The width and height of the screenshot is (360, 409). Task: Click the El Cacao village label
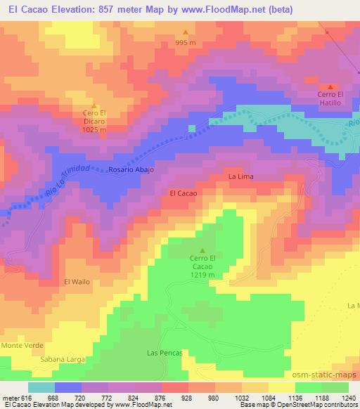pos(183,192)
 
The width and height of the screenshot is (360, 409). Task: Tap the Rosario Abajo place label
pos(131,170)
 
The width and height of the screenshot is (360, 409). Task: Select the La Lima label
pos(240,176)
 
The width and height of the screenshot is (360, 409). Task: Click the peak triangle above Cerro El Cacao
pos(203,250)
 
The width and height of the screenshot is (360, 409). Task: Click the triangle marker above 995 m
pos(186,32)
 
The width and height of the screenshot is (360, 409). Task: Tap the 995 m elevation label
pos(186,42)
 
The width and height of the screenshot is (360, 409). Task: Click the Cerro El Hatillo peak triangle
pos(330,86)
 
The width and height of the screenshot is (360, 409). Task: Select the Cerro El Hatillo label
pos(330,99)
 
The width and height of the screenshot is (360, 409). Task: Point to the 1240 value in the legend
pos(348,398)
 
